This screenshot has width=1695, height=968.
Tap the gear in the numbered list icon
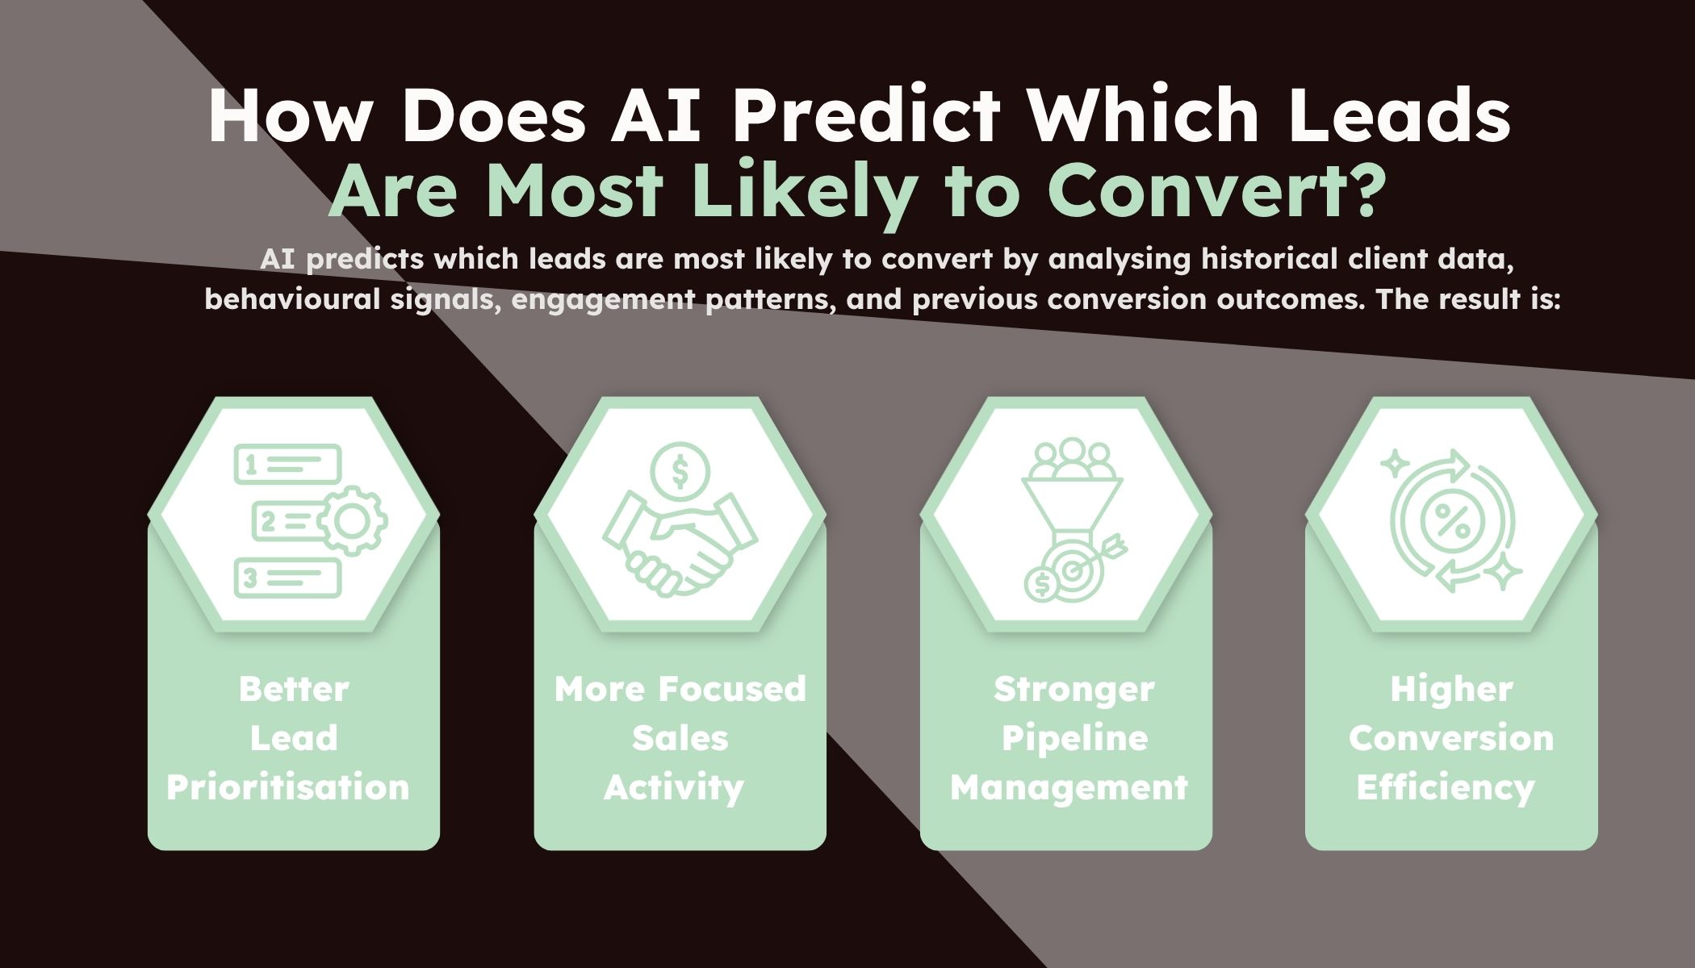click(352, 521)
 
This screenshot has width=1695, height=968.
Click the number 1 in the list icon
click(251, 465)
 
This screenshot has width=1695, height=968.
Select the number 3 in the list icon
click(250, 578)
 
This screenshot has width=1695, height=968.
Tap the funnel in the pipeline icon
click(1071, 508)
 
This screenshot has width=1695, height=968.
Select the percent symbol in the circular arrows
click(1450, 520)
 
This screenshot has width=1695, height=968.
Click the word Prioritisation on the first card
click(288, 787)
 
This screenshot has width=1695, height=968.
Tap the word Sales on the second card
click(680, 738)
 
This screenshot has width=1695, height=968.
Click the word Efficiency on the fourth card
click(1446, 788)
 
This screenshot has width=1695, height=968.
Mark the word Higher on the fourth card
click(1451, 690)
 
